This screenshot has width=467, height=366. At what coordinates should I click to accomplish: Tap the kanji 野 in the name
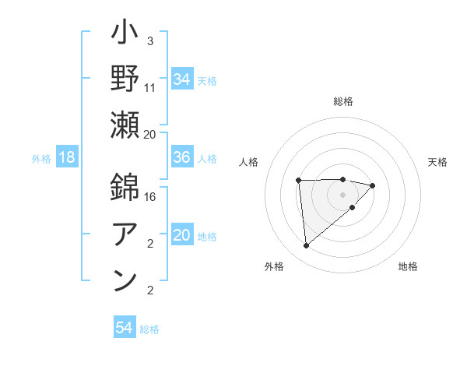pos(125,80)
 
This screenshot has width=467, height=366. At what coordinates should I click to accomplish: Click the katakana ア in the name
pos(125,231)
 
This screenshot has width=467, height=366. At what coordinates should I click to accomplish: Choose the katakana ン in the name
pos(125,278)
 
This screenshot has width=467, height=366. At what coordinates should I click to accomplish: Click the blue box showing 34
pos(182,79)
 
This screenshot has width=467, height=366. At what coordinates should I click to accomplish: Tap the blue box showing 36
pos(182,158)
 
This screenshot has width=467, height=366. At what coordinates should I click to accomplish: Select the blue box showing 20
pos(182,236)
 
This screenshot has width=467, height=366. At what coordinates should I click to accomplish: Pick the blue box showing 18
pos(67,158)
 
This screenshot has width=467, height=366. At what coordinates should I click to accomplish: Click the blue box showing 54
pos(125,329)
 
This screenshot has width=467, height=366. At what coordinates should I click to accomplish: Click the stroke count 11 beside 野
pos(150,87)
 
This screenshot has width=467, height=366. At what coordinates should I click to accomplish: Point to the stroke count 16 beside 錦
pos(150,196)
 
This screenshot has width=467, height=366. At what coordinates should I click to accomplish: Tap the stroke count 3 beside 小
pos(149,40)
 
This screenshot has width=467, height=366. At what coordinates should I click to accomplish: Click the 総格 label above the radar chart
pos(343,101)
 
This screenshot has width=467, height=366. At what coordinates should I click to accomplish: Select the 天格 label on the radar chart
pos(437,162)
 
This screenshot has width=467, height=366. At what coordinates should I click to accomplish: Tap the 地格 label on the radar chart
pos(408,266)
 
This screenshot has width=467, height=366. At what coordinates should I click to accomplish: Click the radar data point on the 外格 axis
pos(306,246)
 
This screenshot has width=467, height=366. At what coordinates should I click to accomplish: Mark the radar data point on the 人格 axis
pos(298,181)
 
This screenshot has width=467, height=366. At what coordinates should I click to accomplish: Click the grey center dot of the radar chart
pos(343,194)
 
